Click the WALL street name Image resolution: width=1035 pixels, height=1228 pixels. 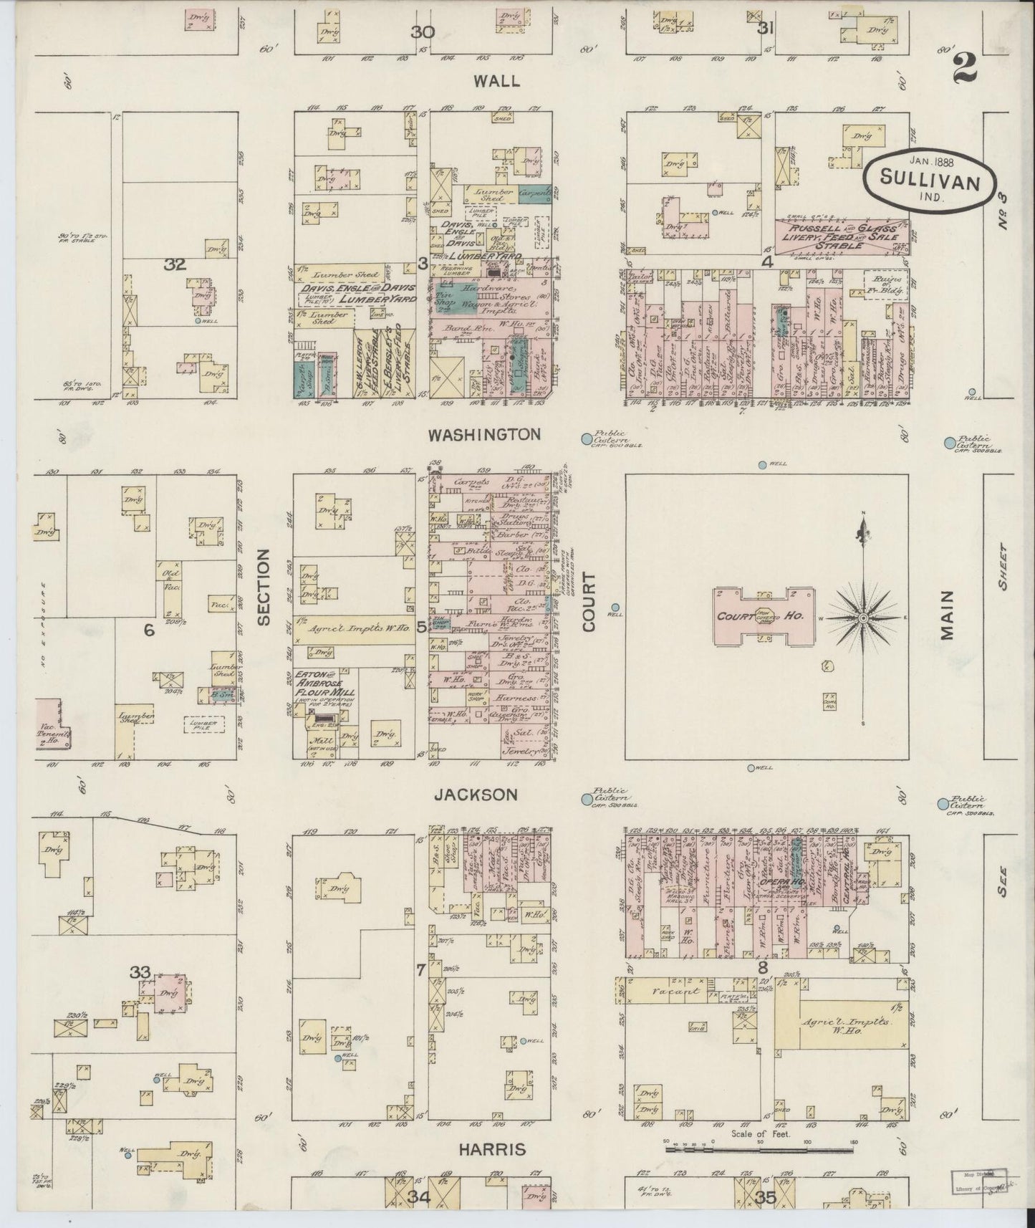497,82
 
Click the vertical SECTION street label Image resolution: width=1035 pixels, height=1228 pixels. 264,587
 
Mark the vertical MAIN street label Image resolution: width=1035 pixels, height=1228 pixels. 948,615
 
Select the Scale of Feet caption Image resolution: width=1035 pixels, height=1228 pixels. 760,1134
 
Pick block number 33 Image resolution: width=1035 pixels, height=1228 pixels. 140,972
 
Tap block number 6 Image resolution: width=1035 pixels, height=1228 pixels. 149,630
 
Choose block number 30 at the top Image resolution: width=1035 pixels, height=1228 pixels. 423,32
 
